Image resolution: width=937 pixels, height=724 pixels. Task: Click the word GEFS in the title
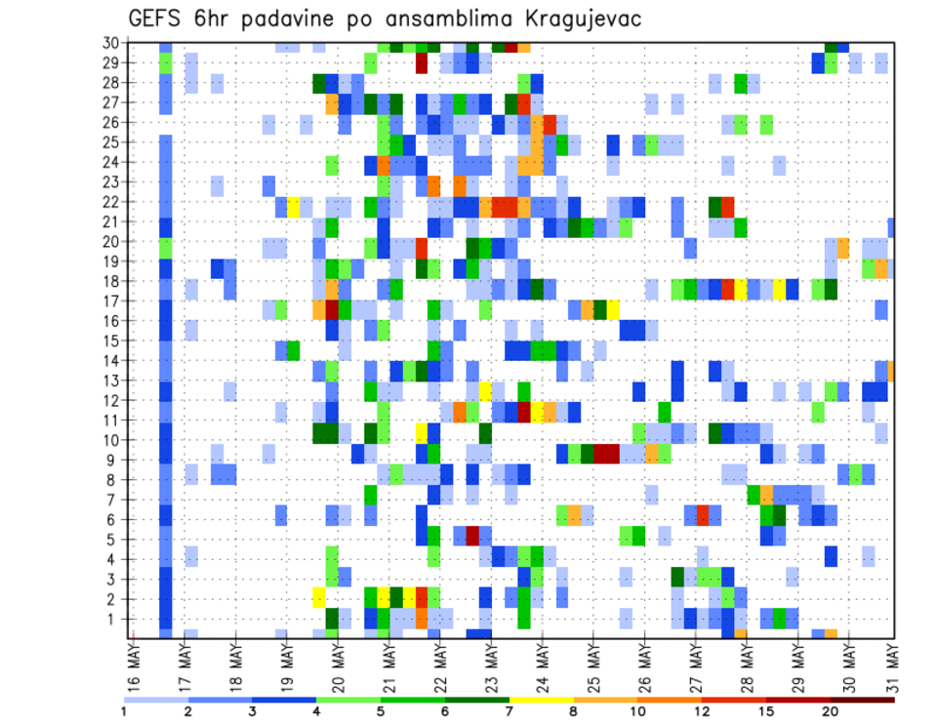click(x=160, y=19)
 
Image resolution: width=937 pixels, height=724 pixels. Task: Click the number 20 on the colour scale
click(x=832, y=712)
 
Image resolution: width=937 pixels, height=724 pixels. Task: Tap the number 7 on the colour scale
click(x=509, y=712)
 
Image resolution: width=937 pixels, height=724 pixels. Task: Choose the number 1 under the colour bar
click(x=124, y=712)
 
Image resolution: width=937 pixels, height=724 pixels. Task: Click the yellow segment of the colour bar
click(x=541, y=700)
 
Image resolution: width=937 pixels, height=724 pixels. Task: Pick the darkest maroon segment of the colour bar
click(x=863, y=700)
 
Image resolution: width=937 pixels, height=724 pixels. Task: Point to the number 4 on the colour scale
click(x=316, y=712)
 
